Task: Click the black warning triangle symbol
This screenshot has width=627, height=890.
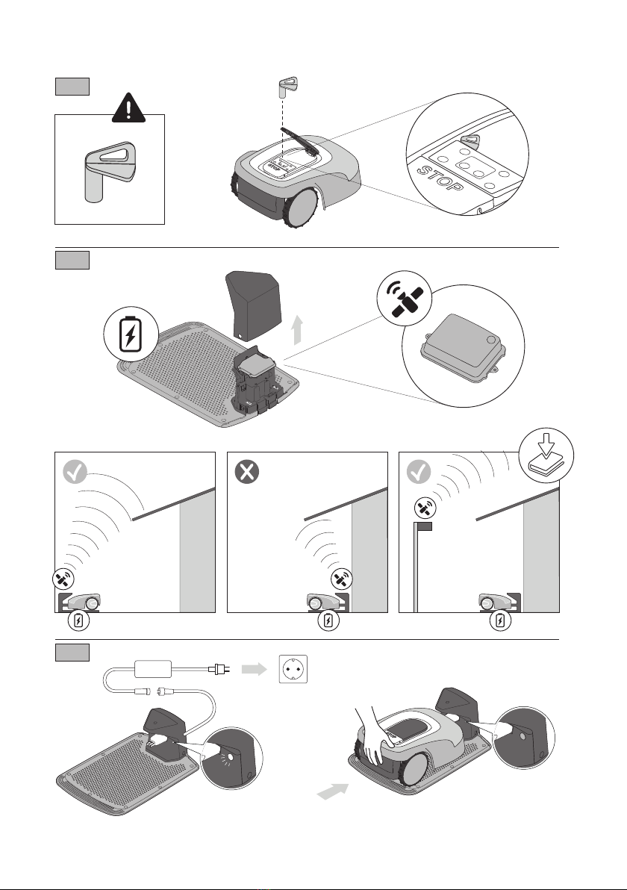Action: click(x=129, y=108)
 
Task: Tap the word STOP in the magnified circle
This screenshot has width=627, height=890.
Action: click(x=440, y=178)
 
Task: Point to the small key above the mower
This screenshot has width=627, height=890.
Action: click(x=287, y=87)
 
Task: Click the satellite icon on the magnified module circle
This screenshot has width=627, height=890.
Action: click(x=405, y=298)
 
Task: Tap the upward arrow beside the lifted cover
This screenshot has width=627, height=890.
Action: click(x=297, y=331)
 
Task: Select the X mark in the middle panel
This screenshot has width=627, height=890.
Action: click(x=247, y=472)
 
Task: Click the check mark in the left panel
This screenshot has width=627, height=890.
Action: click(x=75, y=472)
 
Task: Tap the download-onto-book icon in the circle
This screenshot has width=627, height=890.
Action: click(x=546, y=455)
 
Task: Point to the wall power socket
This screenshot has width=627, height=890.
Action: click(x=293, y=669)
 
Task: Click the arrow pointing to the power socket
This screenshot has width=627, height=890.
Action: click(x=255, y=669)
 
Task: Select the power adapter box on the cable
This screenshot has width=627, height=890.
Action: click(x=152, y=669)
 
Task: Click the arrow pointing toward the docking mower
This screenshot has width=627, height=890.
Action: click(x=332, y=791)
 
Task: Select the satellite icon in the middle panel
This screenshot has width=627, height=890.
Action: click(x=342, y=579)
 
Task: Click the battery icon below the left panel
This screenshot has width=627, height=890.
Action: click(x=78, y=620)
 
